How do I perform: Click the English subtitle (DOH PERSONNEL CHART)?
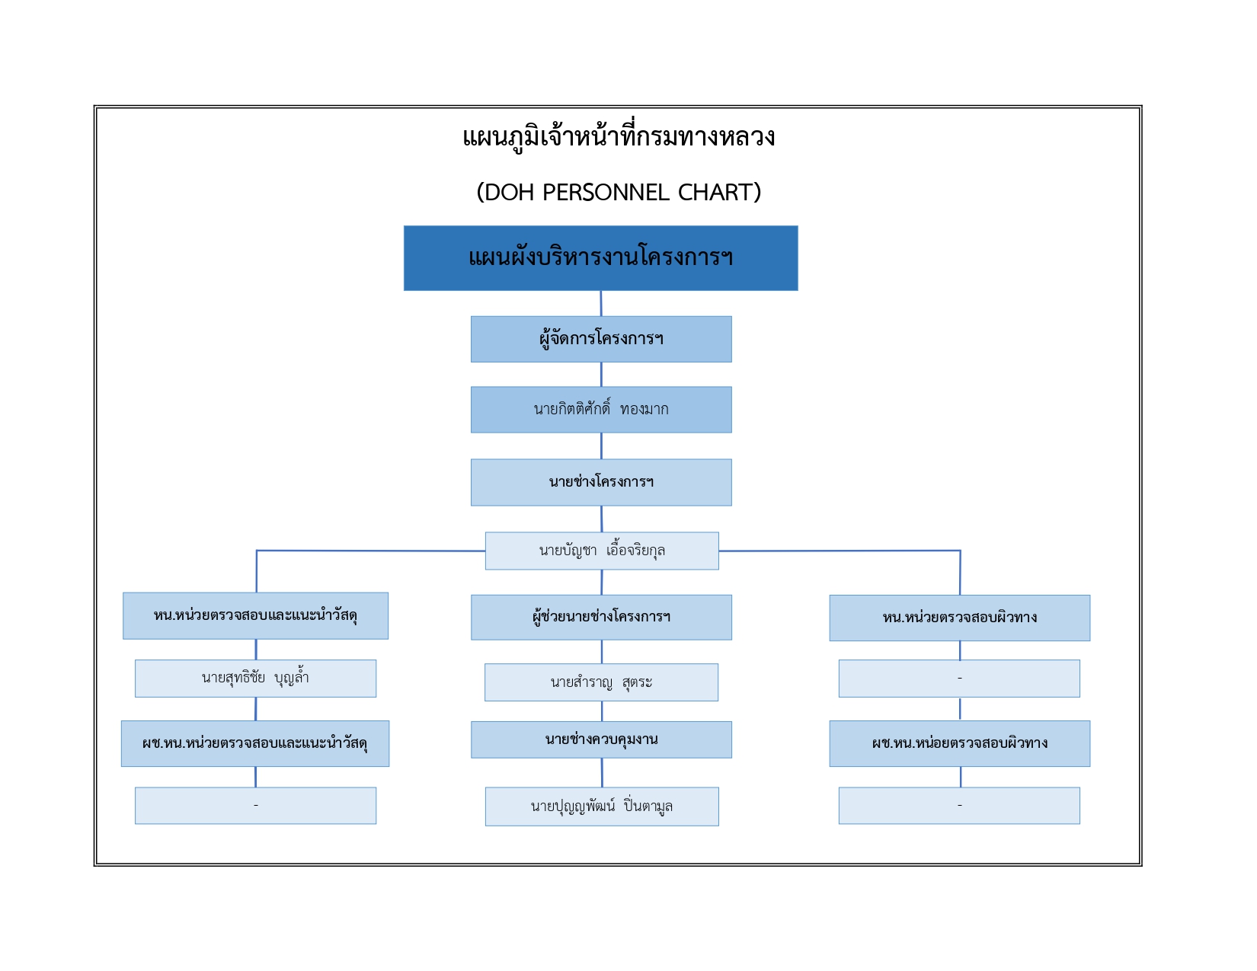tap(619, 192)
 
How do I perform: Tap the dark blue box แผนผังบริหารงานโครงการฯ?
tap(600, 258)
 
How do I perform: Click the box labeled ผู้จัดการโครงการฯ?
tap(601, 339)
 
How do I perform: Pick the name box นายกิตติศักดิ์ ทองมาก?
tap(601, 410)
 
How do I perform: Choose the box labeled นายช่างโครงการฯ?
tap(601, 482)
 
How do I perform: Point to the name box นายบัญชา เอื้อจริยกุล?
tap(602, 551)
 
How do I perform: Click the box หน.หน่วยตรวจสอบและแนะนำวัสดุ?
tap(256, 615)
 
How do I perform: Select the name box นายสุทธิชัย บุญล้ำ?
tap(256, 679)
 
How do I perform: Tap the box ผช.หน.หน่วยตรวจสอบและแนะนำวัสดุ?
tap(255, 743)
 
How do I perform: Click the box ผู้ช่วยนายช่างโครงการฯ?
tap(601, 617)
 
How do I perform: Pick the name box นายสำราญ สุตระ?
tap(601, 682)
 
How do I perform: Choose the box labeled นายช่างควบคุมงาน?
tap(601, 739)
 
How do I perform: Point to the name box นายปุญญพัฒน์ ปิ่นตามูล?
tap(602, 807)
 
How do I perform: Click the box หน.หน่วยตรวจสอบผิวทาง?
tap(960, 618)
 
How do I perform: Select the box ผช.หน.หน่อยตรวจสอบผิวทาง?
tap(960, 743)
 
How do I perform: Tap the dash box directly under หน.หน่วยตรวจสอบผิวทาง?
tap(959, 679)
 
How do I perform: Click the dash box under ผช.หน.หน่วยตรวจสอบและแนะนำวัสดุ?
tap(256, 806)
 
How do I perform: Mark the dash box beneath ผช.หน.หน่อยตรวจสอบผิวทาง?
tap(959, 806)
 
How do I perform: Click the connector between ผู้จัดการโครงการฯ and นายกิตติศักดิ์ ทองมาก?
tap(601, 375)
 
